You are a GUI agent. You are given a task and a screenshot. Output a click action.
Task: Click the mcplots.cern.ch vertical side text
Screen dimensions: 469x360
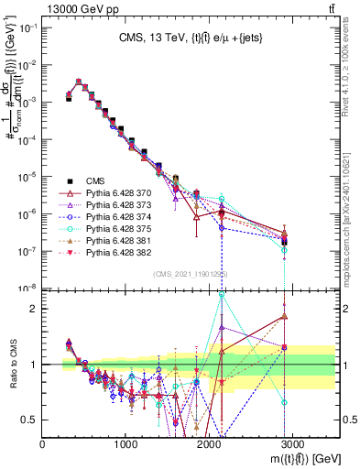coord(350,211)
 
